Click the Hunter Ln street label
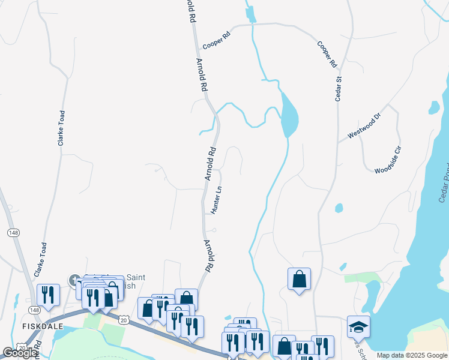click(x=217, y=200)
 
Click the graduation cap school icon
click(x=358, y=327)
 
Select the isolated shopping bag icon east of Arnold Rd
click(x=299, y=279)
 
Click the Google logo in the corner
click(x=20, y=353)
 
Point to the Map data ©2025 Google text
click(x=412, y=355)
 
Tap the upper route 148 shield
click(x=13, y=232)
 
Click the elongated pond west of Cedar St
click(x=289, y=115)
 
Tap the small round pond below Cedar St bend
click(x=339, y=208)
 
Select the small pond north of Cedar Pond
click(x=434, y=107)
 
